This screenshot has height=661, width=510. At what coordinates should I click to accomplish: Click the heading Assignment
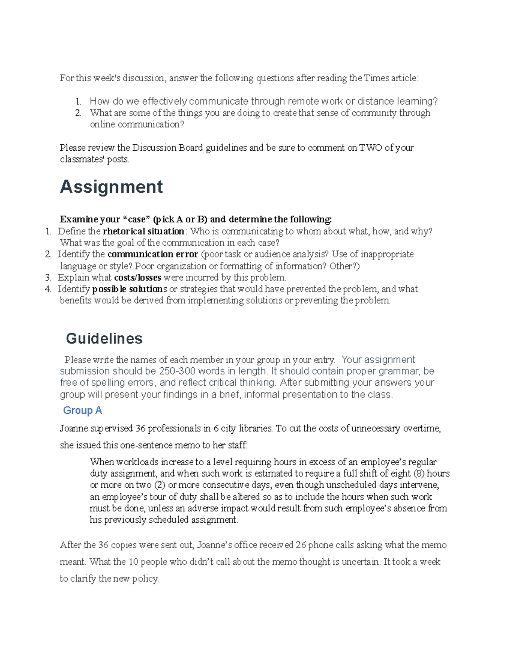pyautogui.click(x=111, y=187)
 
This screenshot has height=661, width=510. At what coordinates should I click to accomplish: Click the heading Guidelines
pyautogui.click(x=104, y=338)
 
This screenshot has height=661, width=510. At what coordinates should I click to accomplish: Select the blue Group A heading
pyautogui.click(x=82, y=410)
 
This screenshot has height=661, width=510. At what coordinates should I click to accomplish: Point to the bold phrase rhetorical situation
pyautogui.click(x=144, y=231)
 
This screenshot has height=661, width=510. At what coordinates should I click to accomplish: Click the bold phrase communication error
pyautogui.click(x=153, y=254)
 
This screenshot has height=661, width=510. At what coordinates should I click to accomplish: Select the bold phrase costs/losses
pyautogui.click(x=138, y=278)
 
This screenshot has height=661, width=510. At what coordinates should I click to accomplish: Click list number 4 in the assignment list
pyautogui.click(x=48, y=289)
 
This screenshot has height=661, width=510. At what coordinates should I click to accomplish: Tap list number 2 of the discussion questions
pyautogui.click(x=78, y=113)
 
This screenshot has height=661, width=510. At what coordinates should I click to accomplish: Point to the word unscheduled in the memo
pyautogui.click(x=351, y=485)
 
